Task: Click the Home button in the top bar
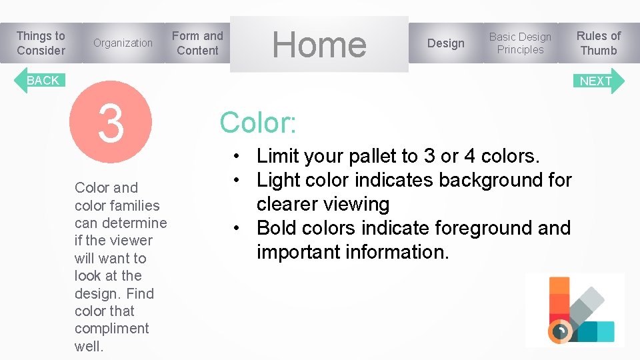(x=319, y=44)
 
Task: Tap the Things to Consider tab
(x=41, y=43)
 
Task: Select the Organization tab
(x=123, y=43)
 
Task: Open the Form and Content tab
(x=197, y=43)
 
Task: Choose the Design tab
(x=445, y=43)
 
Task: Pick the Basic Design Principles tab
(x=520, y=43)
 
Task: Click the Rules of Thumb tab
(x=598, y=43)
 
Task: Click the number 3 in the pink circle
(x=111, y=123)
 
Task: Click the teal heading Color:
(x=258, y=123)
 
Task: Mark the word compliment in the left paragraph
(x=112, y=329)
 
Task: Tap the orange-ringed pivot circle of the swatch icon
(x=561, y=330)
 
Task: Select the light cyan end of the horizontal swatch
(x=605, y=331)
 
